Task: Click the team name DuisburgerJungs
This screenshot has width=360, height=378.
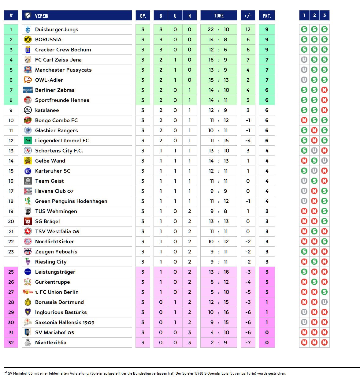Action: click(x=57, y=29)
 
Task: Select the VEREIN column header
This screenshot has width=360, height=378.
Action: click(x=42, y=16)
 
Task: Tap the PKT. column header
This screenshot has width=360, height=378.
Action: click(x=267, y=16)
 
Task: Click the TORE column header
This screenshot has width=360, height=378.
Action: click(x=219, y=16)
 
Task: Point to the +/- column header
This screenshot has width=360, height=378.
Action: click(x=248, y=16)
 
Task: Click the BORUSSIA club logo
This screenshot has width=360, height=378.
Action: click(x=28, y=39)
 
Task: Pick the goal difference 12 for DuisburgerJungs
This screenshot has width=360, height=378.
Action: click(x=248, y=29)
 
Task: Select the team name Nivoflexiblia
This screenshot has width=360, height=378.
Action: click(x=51, y=342)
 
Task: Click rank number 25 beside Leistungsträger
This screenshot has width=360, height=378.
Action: click(x=11, y=272)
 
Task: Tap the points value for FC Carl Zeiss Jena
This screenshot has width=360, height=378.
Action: click(x=267, y=60)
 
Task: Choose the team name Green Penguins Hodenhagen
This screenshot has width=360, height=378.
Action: click(x=71, y=201)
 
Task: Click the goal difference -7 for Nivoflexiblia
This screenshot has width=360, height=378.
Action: click(x=248, y=342)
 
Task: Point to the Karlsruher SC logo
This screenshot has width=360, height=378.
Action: click(x=28, y=171)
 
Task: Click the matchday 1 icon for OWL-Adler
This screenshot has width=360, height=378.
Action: click(x=304, y=80)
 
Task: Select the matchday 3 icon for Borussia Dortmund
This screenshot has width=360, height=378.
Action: click(x=325, y=302)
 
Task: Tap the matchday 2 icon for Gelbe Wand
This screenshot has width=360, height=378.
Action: click(x=314, y=161)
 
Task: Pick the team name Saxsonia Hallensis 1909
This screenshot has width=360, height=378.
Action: click(x=65, y=322)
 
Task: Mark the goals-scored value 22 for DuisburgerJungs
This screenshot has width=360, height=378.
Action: click(x=211, y=29)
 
